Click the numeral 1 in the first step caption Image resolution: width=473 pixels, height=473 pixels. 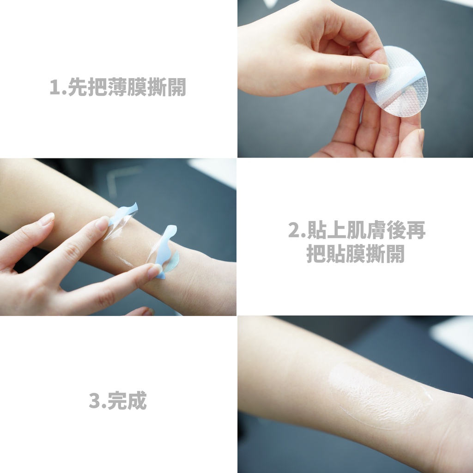[x=55, y=87]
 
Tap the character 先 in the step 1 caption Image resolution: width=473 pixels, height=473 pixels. [x=77, y=87]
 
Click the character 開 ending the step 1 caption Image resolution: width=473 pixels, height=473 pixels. [x=176, y=87]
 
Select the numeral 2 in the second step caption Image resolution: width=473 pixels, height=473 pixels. [x=294, y=230]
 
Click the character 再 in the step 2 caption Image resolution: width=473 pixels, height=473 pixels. [x=416, y=230]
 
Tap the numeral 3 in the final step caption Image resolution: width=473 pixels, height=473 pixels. [x=94, y=400]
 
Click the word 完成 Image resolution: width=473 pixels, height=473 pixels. [x=127, y=400]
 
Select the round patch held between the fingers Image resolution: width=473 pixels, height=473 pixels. [x=396, y=81]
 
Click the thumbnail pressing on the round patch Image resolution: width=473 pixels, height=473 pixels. [x=379, y=71]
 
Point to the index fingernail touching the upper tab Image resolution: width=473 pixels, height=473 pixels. [x=102, y=223]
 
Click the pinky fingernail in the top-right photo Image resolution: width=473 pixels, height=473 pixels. [x=421, y=135]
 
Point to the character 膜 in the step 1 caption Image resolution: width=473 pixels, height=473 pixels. [x=137, y=87]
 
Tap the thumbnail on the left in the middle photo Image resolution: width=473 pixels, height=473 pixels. [x=47, y=218]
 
